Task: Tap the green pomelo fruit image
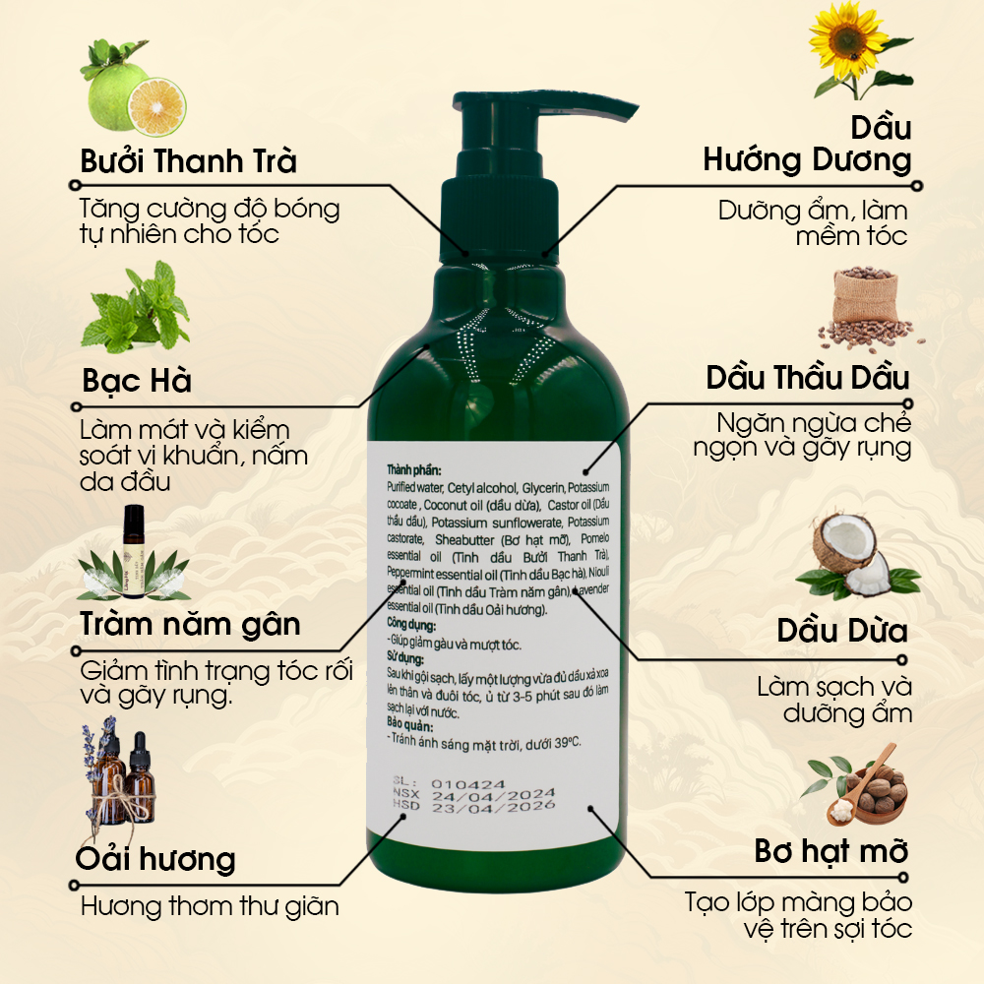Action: [133, 88]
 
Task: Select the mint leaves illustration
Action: [136, 307]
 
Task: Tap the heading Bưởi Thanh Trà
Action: [188, 161]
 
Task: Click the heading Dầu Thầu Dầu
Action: [808, 378]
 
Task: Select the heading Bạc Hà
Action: [137, 380]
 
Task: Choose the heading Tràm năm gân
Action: [190, 625]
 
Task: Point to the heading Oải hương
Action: [155, 859]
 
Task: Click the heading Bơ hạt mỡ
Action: [831, 851]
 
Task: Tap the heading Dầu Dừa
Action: [842, 631]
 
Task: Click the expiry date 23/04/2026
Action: [493, 807]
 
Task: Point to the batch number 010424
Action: [467, 784]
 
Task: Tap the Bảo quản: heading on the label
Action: [409, 725]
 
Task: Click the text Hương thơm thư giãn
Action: [211, 906]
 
